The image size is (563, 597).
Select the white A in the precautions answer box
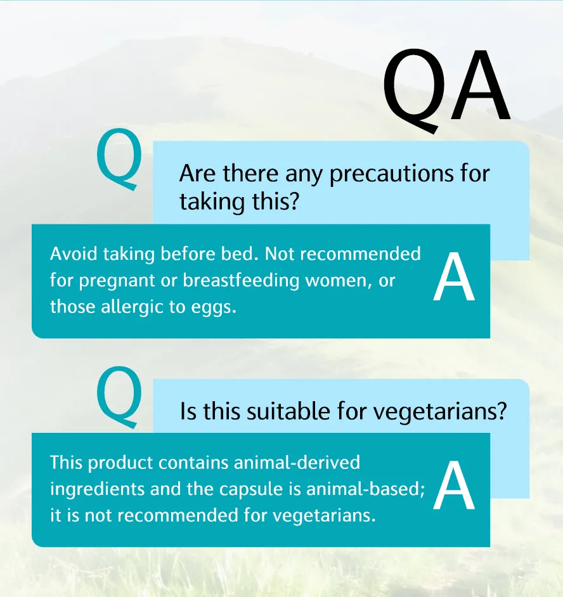coord(454,279)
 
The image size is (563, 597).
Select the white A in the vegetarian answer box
coord(454,487)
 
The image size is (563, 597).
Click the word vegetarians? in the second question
coord(440,412)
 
